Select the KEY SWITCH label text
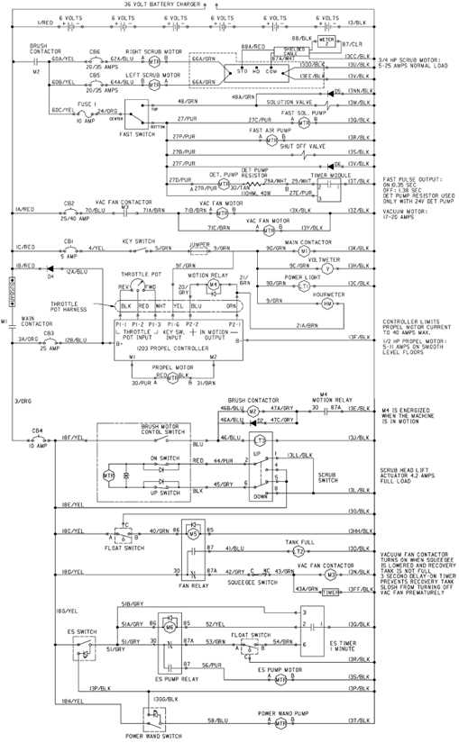point(140,240)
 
